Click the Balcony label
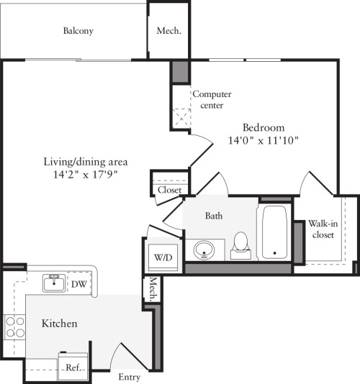pyautogui.click(x=78, y=31)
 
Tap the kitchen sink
pyautogui.click(x=54, y=283)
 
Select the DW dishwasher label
pyautogui.click(x=79, y=284)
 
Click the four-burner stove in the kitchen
pyautogui.click(x=15, y=327)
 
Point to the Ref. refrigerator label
pyautogui.click(x=73, y=367)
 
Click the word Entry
pyautogui.click(x=129, y=377)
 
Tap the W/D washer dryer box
pyautogui.click(x=163, y=257)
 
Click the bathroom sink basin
pyautogui.click(x=204, y=250)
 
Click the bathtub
pyautogui.click(x=274, y=232)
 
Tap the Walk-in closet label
pyautogui.click(x=323, y=229)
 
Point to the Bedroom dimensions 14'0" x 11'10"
pyautogui.click(x=264, y=140)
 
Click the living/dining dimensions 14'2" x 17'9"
pyautogui.click(x=86, y=174)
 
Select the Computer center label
pyautogui.click(x=212, y=99)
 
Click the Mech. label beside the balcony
pyautogui.click(x=169, y=31)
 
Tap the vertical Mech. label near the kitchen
pyautogui.click(x=153, y=289)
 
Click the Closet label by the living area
pyautogui.click(x=169, y=190)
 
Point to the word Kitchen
pyautogui.click(x=59, y=324)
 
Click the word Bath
pyautogui.click(x=214, y=216)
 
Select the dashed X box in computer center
pyautogui.click(x=181, y=118)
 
